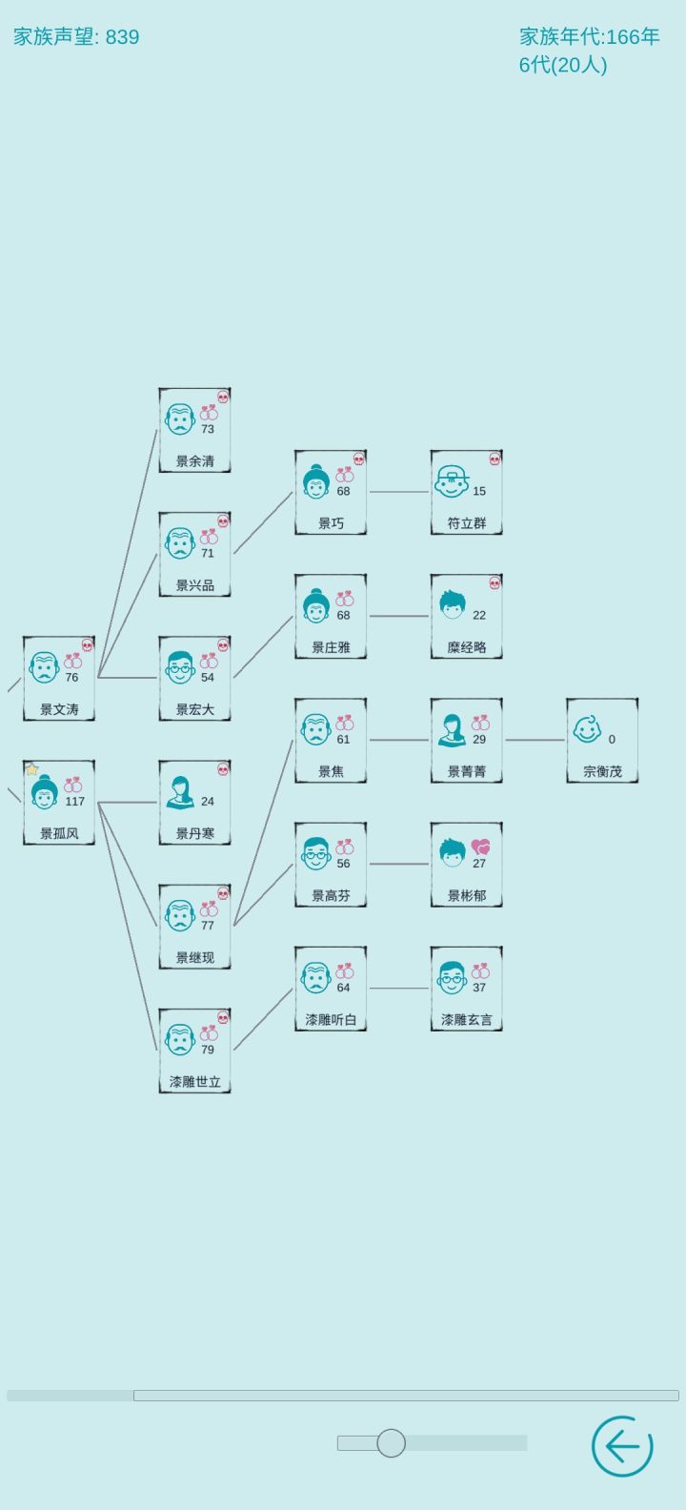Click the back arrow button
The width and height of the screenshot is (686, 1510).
coord(622,1445)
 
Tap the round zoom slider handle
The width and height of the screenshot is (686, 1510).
coord(391,1442)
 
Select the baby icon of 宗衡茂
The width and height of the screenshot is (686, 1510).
coord(587,729)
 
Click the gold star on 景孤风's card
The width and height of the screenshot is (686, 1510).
coord(31,768)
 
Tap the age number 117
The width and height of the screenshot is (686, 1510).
coord(75,802)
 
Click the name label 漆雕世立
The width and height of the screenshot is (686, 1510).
coord(194,1082)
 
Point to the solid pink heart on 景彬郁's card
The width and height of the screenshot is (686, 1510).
coord(480,847)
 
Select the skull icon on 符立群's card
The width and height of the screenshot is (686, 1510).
coord(494,459)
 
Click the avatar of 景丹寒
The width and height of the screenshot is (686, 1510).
coord(181,792)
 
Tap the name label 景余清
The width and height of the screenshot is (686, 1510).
coord(194,461)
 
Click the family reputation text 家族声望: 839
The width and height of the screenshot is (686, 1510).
coord(76,36)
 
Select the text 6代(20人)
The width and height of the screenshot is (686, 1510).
coord(563,65)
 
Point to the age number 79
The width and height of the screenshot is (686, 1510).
coord(208,1050)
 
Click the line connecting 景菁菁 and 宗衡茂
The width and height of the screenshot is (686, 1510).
coord(535,740)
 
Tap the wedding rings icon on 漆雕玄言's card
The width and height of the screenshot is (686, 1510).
coord(480,970)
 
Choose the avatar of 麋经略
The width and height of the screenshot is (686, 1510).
coord(453,605)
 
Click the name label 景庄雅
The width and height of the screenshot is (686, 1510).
coord(331,648)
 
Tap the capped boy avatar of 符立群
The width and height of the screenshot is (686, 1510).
coord(452,481)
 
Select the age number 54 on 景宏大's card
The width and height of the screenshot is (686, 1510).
coord(208,678)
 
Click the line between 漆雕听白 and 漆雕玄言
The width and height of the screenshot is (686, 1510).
coord(399,989)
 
